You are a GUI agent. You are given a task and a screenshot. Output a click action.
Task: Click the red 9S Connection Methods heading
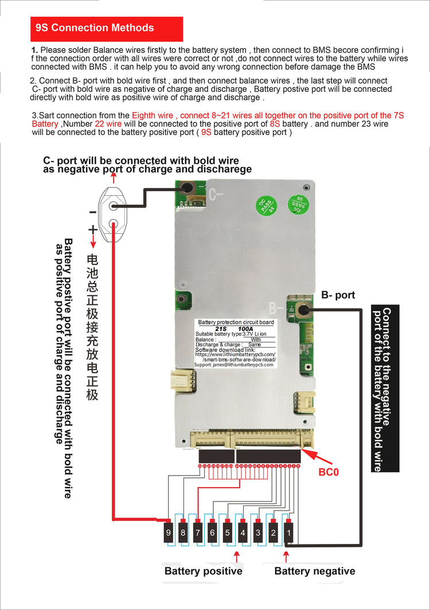[107, 28]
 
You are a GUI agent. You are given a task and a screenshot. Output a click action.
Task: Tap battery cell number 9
[168, 533]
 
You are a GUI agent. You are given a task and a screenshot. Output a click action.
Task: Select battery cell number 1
[289, 533]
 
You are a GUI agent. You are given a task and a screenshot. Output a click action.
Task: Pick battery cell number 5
[228, 533]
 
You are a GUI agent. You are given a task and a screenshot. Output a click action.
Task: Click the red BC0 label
[329, 473]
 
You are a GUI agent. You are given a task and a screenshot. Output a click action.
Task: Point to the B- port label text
[338, 295]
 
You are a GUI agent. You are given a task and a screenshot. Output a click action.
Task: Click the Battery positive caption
[203, 571]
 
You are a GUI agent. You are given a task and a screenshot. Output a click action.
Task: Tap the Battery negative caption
[314, 571]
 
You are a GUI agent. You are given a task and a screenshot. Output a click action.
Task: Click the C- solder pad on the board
[186, 187]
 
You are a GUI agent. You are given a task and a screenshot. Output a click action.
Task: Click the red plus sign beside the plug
[92, 229]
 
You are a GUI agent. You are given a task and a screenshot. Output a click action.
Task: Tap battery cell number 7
[198, 533]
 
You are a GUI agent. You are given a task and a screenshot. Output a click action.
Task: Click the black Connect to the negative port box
[385, 388]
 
